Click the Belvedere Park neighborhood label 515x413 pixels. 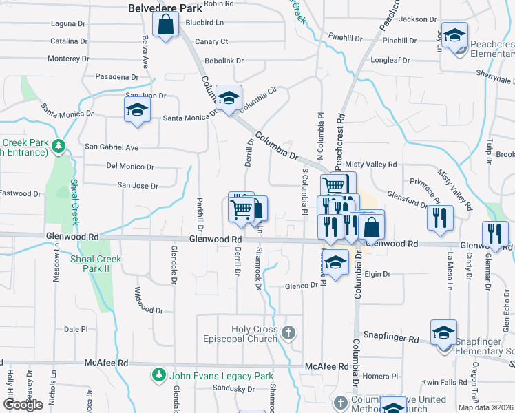165,8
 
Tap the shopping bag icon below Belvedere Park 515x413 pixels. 165,27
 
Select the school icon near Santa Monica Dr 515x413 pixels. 137,110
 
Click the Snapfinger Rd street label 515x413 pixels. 391,339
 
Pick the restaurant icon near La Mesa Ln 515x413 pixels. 440,218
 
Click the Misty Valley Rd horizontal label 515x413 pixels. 371,165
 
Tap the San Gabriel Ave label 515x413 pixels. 112,147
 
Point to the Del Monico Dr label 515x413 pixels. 130,167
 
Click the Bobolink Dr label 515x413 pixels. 224,61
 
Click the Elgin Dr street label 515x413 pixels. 377,274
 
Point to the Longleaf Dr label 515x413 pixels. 400,60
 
